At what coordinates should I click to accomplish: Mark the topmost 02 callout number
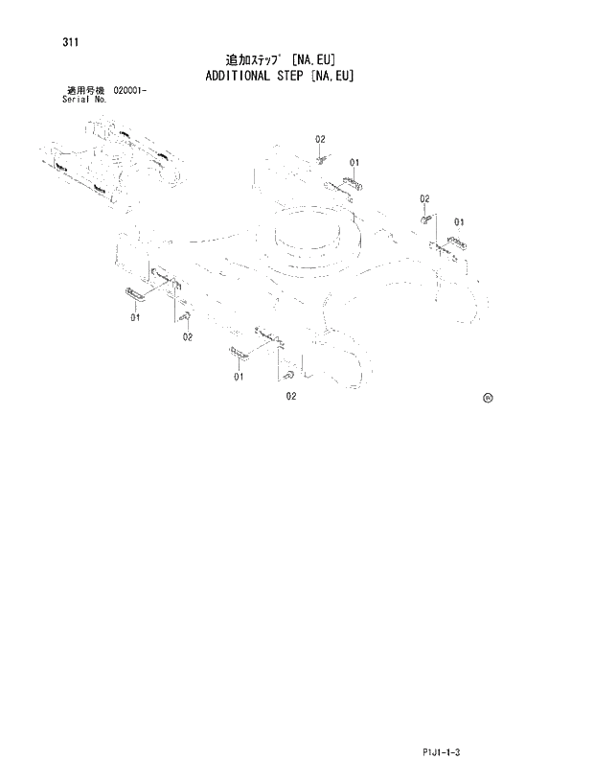tap(320, 140)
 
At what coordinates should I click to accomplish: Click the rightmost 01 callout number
tap(459, 222)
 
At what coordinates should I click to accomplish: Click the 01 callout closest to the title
tap(354, 162)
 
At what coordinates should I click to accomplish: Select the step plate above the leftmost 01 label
tap(134, 295)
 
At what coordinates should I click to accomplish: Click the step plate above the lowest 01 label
tap(237, 356)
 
